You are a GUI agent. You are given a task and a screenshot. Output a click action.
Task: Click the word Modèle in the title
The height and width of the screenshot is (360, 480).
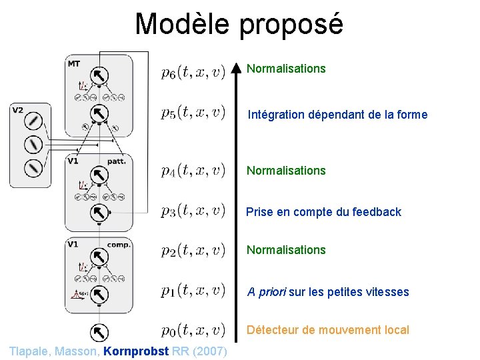pyautogui.click(x=181, y=24)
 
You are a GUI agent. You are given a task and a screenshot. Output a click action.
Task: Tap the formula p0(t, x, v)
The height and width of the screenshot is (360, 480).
pyautogui.click(x=193, y=330)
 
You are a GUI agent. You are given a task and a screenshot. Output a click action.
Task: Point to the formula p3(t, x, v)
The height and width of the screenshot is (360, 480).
pyautogui.click(x=193, y=211)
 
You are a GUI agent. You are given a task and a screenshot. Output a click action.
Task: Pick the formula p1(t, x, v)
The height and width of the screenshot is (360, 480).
pyautogui.click(x=193, y=291)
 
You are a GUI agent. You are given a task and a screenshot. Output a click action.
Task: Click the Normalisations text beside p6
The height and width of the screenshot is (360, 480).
pyautogui.click(x=286, y=69)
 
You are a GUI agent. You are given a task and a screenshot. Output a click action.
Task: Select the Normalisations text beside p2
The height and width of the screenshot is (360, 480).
pyautogui.click(x=286, y=250)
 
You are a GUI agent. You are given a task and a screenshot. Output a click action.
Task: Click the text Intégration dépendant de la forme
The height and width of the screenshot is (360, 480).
pyautogui.click(x=337, y=115)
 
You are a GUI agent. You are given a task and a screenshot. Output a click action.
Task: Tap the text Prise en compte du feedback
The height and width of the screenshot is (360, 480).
pyautogui.click(x=323, y=212)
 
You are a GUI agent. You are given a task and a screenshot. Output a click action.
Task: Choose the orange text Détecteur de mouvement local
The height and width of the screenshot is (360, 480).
pyautogui.click(x=328, y=330)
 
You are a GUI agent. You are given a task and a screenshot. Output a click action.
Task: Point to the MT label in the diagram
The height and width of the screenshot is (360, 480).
pyautogui.click(x=74, y=63)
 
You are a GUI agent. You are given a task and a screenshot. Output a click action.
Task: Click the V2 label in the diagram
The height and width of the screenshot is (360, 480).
pyautogui.click(x=18, y=110)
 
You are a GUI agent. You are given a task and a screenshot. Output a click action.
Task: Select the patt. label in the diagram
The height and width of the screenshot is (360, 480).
pyautogui.click(x=117, y=161)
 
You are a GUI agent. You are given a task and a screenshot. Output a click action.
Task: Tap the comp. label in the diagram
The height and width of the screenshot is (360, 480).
pyautogui.click(x=118, y=245)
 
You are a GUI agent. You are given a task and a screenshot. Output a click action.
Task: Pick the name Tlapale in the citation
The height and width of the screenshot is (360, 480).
pyautogui.click(x=30, y=351)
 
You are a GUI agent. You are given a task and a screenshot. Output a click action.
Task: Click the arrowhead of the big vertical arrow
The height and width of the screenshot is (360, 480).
pyautogui.click(x=235, y=69)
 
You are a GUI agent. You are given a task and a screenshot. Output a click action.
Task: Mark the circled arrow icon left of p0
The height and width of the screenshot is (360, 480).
pyautogui.click(x=98, y=331)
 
